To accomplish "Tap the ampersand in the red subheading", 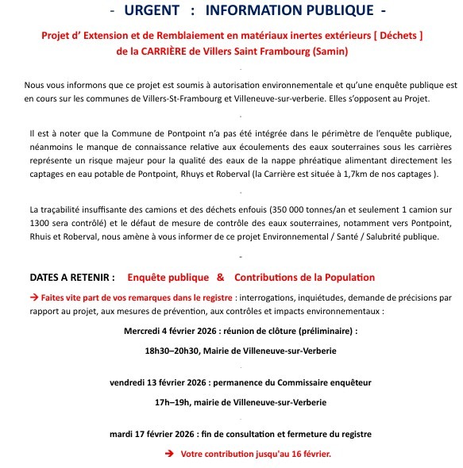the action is [x=219, y=278].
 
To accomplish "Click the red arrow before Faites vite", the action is [x=33, y=297].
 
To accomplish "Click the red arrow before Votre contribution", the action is [x=168, y=454].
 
